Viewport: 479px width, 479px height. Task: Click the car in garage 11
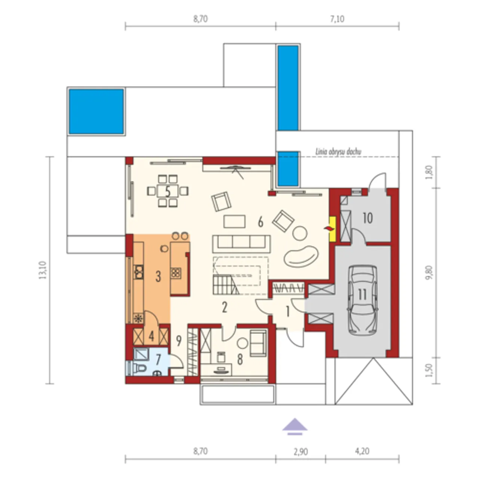click(362, 300)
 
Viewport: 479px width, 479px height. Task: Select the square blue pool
click(96, 112)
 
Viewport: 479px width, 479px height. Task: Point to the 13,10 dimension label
click(43, 270)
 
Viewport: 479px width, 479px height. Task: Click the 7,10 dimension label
click(337, 19)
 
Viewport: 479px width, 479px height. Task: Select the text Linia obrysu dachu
click(338, 152)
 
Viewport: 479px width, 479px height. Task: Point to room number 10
click(368, 218)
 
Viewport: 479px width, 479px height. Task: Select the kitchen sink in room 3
click(139, 272)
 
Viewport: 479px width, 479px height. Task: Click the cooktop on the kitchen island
click(176, 273)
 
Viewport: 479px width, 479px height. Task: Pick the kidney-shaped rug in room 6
click(301, 256)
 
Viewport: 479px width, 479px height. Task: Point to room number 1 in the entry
click(288, 312)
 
